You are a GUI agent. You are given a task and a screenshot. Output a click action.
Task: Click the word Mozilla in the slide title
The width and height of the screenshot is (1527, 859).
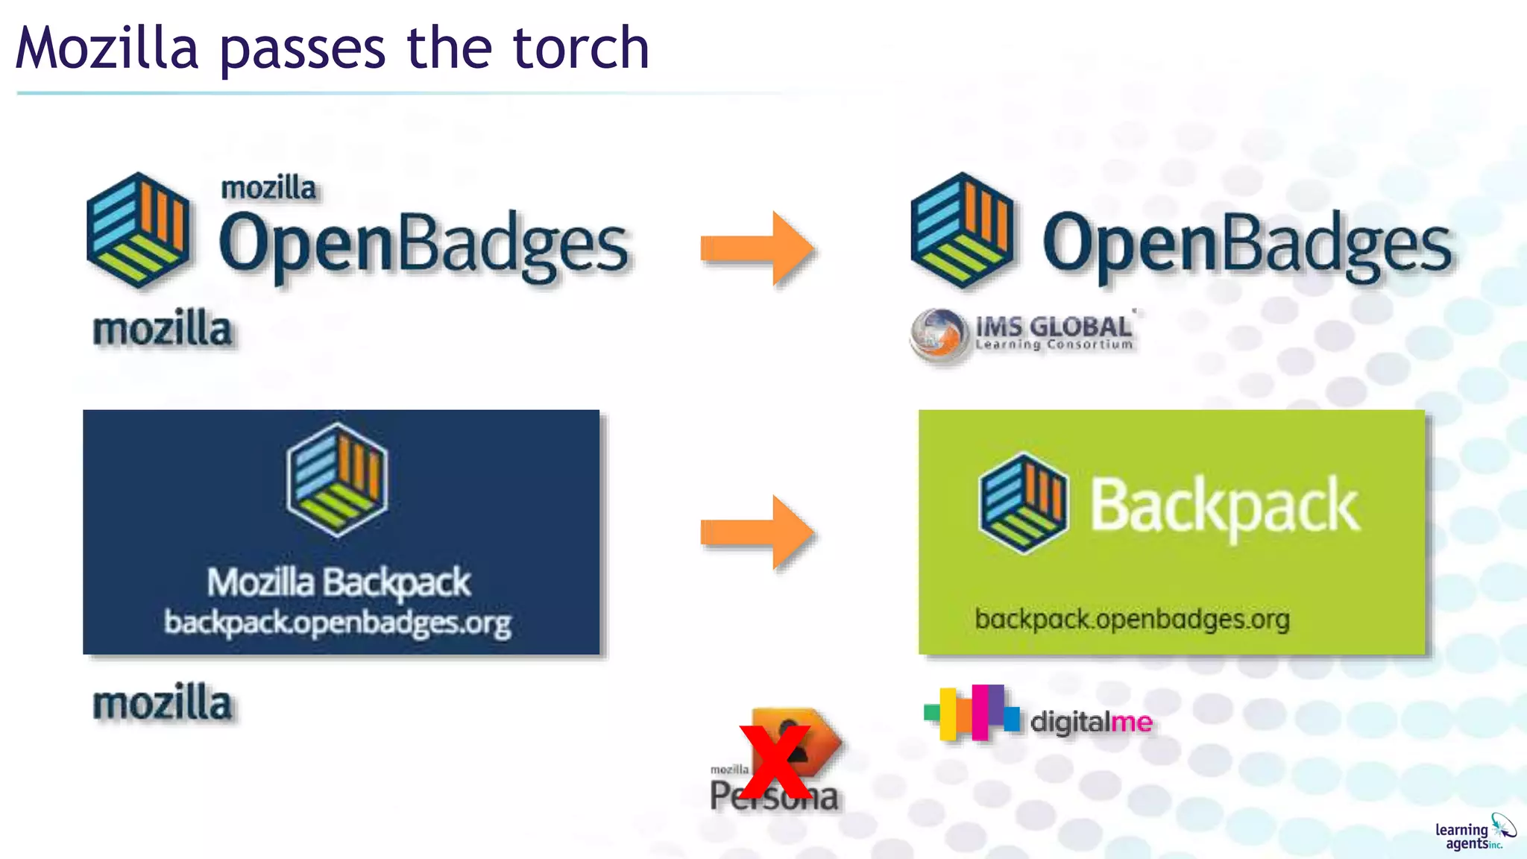pyautogui.click(x=107, y=48)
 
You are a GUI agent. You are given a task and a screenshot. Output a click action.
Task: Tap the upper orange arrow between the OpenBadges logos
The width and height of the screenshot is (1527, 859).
pyautogui.click(x=757, y=248)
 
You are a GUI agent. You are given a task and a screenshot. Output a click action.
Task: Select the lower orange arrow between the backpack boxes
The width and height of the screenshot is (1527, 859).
pyautogui.click(x=757, y=532)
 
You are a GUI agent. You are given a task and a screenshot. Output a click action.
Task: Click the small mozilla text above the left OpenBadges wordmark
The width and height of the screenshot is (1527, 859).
pyautogui.click(x=268, y=188)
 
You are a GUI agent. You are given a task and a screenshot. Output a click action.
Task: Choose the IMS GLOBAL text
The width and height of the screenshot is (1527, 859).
pyautogui.click(x=1054, y=327)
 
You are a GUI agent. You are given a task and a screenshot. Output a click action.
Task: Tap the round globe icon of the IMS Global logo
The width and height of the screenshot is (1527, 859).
pyautogui.click(x=938, y=335)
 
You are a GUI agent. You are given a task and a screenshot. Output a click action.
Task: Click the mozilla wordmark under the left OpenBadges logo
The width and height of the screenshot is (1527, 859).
pyautogui.click(x=162, y=330)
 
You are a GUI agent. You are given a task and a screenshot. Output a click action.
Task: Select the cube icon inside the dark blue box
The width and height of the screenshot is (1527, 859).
pyautogui.click(x=337, y=479)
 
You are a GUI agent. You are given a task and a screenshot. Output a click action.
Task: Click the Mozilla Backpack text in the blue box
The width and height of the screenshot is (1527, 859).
pyautogui.click(x=339, y=582)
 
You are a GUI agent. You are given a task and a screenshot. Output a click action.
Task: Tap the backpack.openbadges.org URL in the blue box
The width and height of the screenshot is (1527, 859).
pyautogui.click(x=338, y=622)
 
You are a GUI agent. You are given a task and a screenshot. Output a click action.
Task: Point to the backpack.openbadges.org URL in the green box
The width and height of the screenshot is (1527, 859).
pyautogui.click(x=1132, y=619)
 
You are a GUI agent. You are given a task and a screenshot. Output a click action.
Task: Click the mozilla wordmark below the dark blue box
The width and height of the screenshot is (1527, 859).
pyautogui.click(x=162, y=703)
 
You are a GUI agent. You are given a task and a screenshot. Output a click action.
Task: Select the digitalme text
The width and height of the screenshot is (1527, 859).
pyautogui.click(x=1091, y=721)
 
